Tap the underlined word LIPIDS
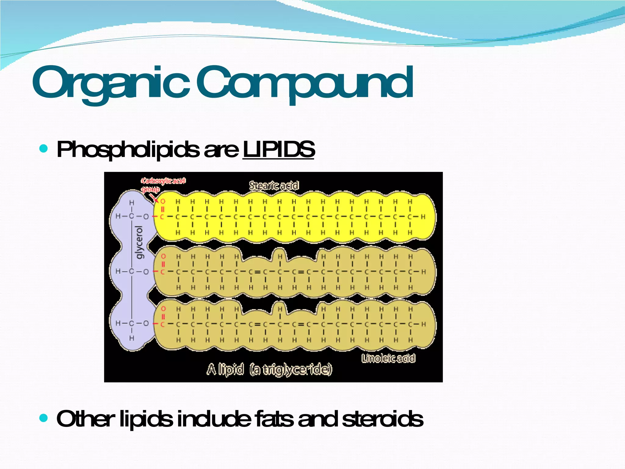[278, 150]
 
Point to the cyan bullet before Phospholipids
[44, 149]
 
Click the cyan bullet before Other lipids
[44, 418]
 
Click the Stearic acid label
[274, 185]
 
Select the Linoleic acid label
[388, 358]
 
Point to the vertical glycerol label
[139, 243]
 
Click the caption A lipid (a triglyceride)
[269, 369]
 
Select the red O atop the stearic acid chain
[163, 202]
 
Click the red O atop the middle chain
[163, 256]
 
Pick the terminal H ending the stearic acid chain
[423, 217]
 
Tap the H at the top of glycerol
[132, 202]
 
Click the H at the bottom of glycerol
[132, 338]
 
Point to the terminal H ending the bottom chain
[423, 324]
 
